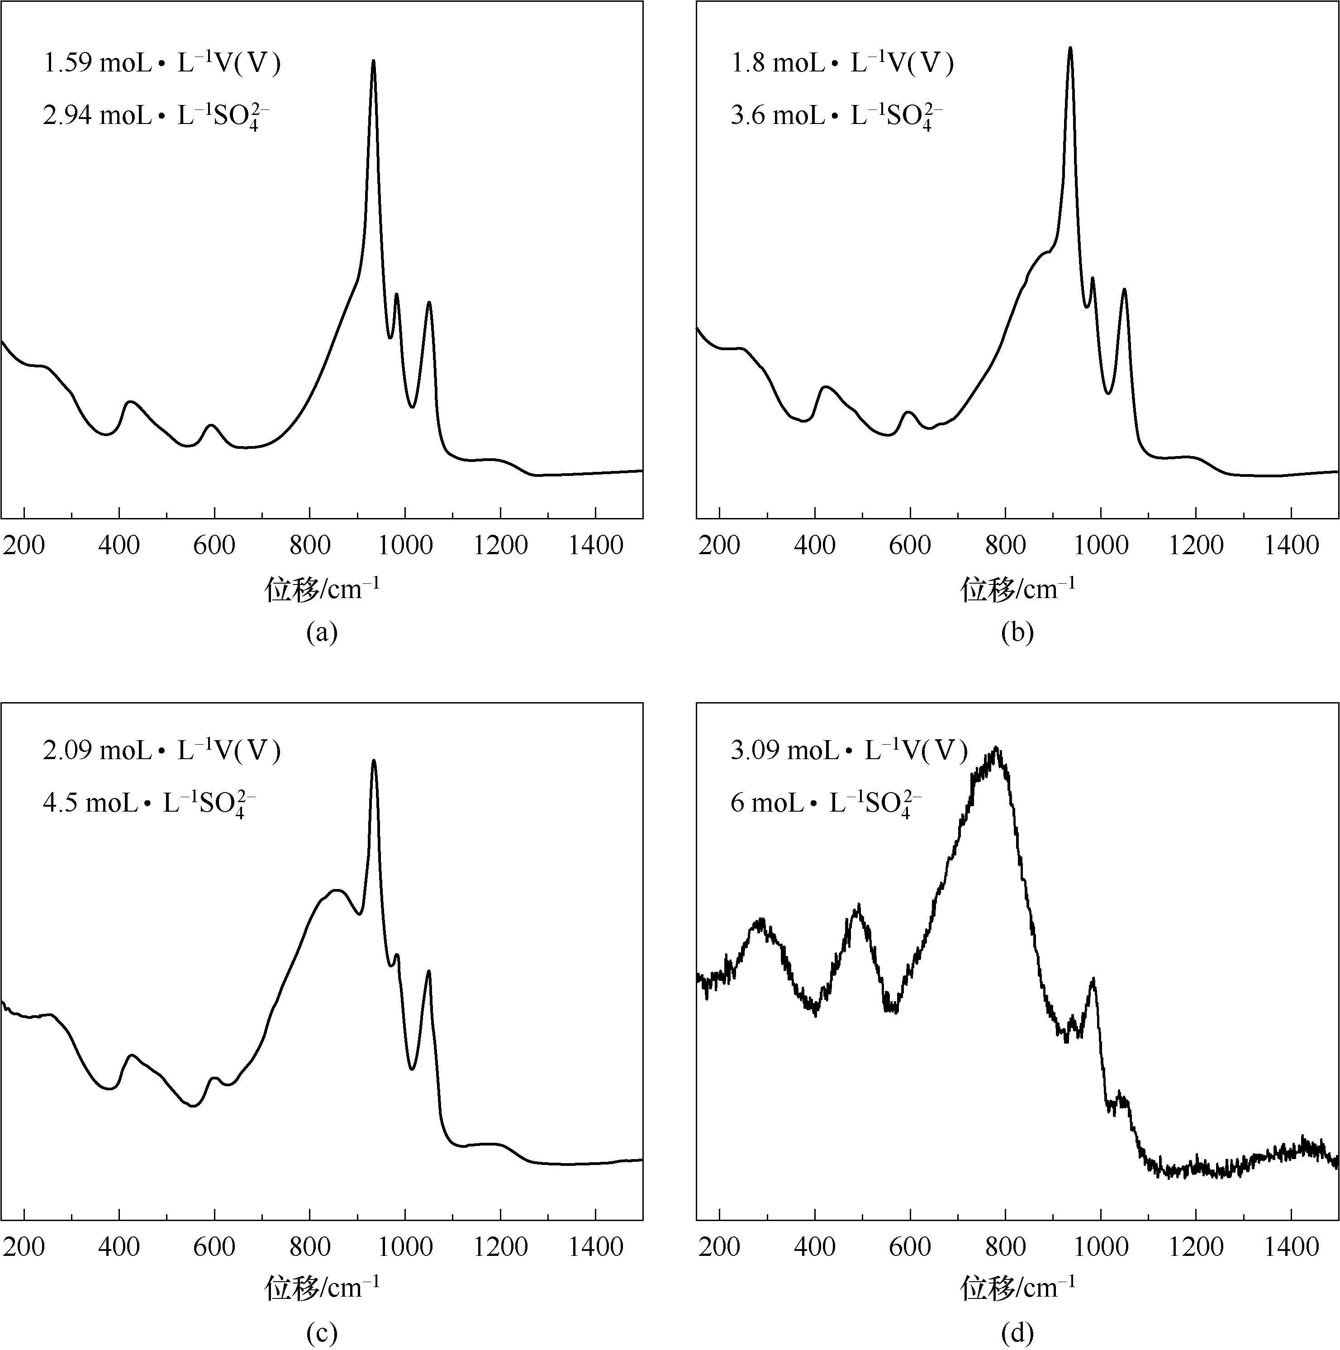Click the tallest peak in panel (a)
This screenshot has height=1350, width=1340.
(374, 62)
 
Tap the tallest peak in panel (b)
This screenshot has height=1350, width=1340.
(1069, 49)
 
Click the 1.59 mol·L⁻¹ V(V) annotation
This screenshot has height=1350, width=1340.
(162, 64)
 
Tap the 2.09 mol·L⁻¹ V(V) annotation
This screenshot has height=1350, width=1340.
(162, 751)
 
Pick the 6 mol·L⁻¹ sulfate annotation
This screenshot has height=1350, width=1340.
(826, 803)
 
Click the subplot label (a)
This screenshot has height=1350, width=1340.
(321, 632)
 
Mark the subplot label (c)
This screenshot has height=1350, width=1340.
(321, 1333)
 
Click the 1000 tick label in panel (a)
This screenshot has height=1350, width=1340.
(404, 546)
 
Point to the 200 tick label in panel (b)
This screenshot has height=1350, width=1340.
(719, 546)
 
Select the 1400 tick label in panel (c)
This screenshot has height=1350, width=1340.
(595, 1246)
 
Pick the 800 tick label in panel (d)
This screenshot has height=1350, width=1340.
(1005, 1246)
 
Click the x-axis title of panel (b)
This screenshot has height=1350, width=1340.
(1017, 589)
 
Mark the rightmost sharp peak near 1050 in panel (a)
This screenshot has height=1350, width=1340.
(428, 303)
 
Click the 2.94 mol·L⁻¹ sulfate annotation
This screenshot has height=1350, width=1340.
(156, 115)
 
